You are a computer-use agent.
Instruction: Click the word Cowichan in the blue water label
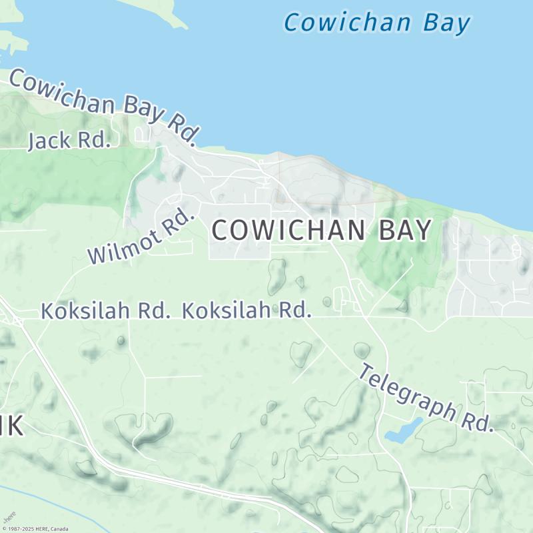346,23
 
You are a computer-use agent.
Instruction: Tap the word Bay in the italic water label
446,23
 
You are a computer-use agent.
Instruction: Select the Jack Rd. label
69,141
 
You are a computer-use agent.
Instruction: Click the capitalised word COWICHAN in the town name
287,231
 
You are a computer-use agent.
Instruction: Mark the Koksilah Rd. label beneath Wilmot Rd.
105,310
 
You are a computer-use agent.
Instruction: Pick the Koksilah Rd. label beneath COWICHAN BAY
247,310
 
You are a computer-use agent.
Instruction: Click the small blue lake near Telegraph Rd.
403,432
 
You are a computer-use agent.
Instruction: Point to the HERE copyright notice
35,529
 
